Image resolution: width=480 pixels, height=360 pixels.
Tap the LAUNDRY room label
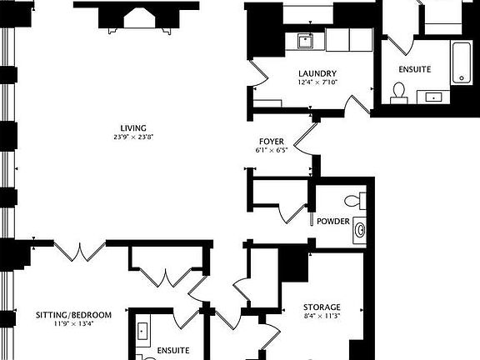click(x=317, y=73)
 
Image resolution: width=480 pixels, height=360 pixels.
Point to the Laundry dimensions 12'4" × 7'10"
click(x=317, y=82)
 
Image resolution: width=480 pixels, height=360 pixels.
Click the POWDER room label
click(x=333, y=222)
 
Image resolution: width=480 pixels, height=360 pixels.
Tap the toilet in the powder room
click(x=358, y=199)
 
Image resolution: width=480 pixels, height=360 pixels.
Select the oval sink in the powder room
click(x=360, y=228)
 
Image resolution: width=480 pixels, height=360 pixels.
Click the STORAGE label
click(x=321, y=307)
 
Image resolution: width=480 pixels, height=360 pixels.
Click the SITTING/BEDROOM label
click(x=73, y=314)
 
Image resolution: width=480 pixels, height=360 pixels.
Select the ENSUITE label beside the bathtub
click(x=414, y=68)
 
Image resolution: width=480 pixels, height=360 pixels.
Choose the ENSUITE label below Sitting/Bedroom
click(x=173, y=350)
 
